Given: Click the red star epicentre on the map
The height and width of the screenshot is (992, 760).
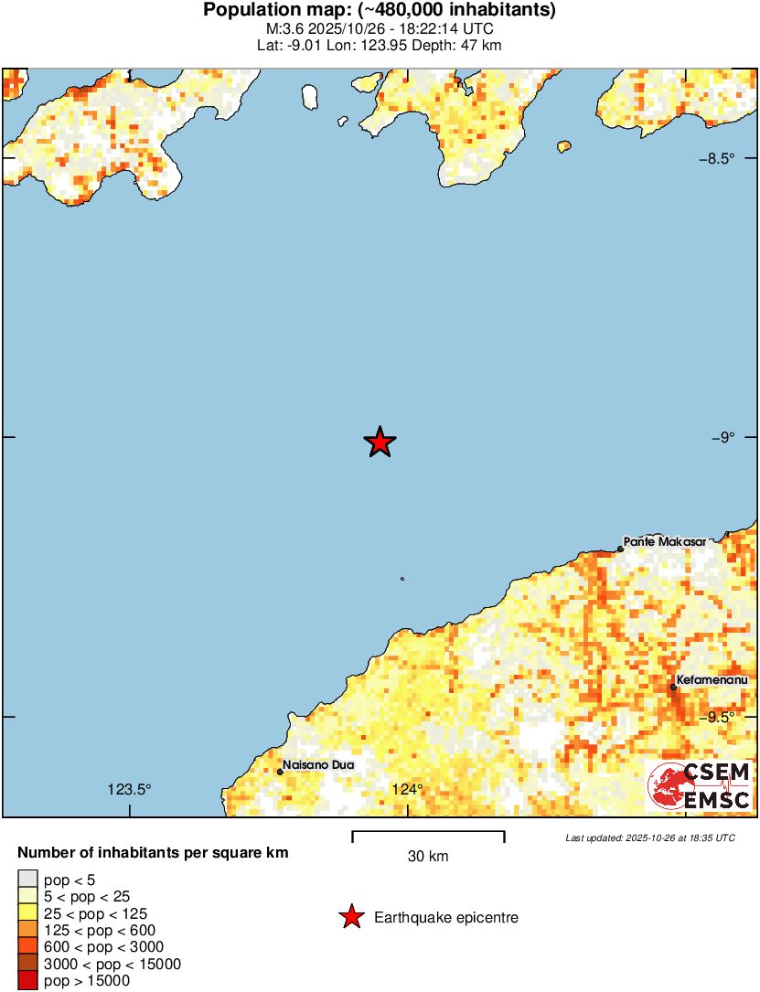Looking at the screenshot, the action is click(380, 443).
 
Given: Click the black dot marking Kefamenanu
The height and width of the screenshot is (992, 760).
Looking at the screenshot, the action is click(673, 687).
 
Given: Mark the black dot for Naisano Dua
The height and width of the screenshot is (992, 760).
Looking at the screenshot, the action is click(280, 772).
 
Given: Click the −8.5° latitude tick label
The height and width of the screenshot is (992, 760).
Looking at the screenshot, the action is click(717, 158).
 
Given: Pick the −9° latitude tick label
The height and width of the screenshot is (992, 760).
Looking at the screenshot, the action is click(723, 438).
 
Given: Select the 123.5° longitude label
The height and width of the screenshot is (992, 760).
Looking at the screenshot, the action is click(129, 790).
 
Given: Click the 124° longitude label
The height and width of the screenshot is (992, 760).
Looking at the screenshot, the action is click(408, 790).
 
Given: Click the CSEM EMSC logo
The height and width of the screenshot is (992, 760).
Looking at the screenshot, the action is click(701, 787).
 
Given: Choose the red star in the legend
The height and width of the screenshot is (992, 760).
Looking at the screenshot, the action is click(351, 917).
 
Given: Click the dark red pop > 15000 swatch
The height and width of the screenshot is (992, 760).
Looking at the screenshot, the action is click(27, 981).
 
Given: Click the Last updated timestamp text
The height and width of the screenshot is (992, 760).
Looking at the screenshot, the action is click(650, 837).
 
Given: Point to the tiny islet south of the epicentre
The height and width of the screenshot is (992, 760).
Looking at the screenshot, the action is click(401, 578).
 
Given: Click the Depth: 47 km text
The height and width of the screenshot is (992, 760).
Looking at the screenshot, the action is click(461, 45).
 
